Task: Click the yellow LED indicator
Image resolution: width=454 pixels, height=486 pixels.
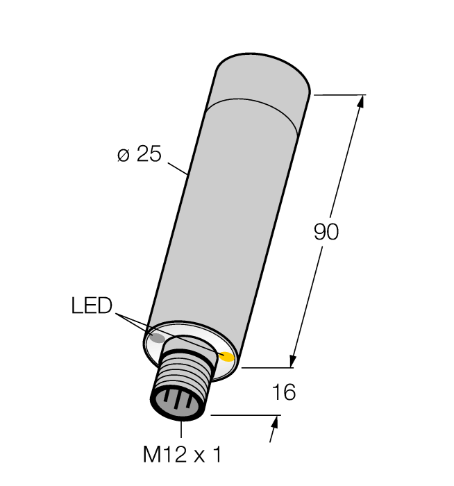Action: (227, 357)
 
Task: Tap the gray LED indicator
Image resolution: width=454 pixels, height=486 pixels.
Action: (158, 339)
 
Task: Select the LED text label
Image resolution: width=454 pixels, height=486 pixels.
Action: (91, 306)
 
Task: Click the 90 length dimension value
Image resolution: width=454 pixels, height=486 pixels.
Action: (326, 233)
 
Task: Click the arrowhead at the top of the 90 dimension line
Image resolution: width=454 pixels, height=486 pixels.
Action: (360, 101)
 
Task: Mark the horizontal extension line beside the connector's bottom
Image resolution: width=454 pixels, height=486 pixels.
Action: (243, 415)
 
